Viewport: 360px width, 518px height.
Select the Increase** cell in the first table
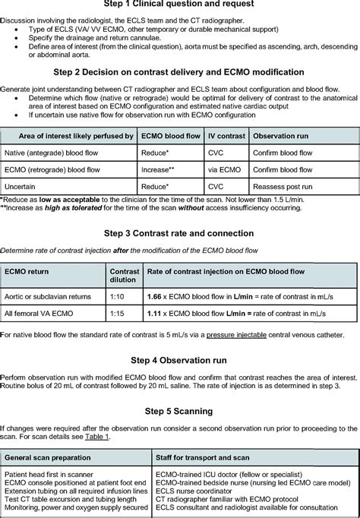pos(159,169)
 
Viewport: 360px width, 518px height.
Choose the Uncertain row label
pos(24,185)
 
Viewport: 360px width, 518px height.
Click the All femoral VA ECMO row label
pos(42,313)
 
